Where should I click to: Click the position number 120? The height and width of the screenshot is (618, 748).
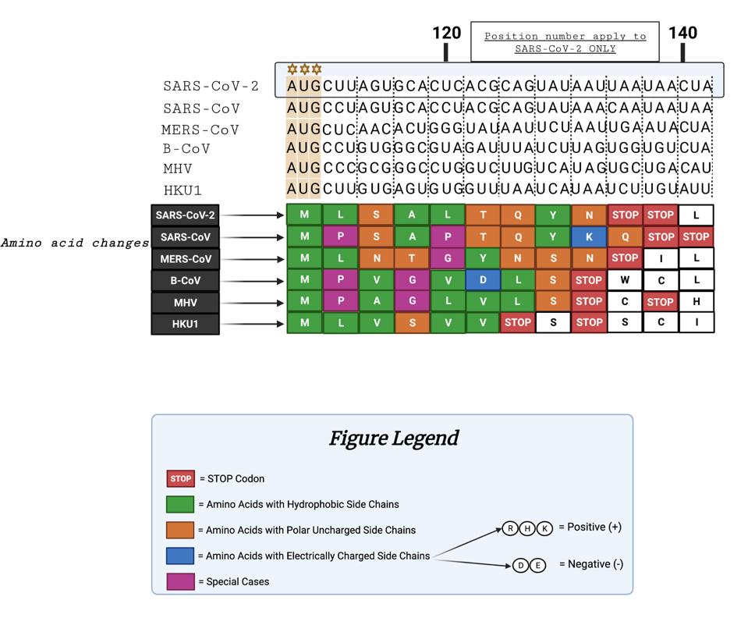click(x=447, y=33)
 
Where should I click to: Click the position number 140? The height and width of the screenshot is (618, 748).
click(x=682, y=33)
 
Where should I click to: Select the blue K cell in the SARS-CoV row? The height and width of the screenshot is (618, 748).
click(x=589, y=236)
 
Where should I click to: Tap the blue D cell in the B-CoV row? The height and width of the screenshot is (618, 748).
click(x=483, y=279)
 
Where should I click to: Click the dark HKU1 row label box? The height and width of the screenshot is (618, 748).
click(x=185, y=324)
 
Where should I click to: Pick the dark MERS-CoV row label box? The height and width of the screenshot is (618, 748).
click(x=185, y=258)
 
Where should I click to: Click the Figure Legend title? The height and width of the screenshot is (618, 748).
click(x=392, y=438)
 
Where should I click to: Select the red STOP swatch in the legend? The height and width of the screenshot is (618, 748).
click(x=180, y=478)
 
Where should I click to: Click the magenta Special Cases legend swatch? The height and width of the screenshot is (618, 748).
click(x=180, y=581)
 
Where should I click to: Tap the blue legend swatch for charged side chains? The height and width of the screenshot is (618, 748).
click(x=180, y=556)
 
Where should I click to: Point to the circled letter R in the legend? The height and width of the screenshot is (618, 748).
click(x=511, y=528)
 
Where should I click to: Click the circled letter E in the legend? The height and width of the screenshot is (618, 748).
click(x=538, y=565)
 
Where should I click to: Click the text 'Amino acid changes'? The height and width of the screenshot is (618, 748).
click(x=75, y=243)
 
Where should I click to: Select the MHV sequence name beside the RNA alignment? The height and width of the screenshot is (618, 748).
click(x=178, y=169)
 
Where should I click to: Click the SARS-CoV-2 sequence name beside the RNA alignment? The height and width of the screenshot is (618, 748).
click(x=211, y=86)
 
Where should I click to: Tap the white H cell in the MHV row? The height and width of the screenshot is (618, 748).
click(x=696, y=301)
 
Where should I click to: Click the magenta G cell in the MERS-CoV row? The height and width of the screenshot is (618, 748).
click(x=447, y=258)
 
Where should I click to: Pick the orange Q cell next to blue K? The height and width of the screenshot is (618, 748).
click(x=625, y=236)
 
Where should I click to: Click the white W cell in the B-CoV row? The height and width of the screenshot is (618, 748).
click(x=625, y=279)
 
